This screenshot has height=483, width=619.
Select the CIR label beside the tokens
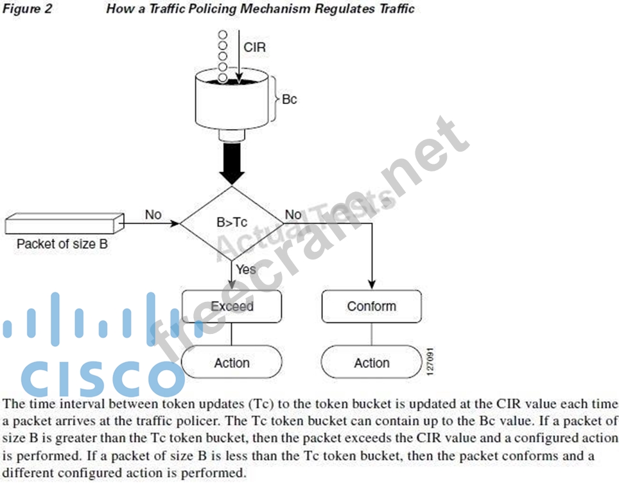tap(254, 47)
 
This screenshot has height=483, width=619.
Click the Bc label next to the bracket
tap(289, 100)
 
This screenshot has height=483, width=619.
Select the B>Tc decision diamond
tap(232, 223)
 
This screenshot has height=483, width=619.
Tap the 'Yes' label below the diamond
tap(245, 269)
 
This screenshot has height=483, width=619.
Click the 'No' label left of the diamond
tap(153, 215)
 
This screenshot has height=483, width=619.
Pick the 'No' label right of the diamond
tap(293, 215)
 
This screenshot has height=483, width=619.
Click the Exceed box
tap(232, 306)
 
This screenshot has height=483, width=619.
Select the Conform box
tap(371, 306)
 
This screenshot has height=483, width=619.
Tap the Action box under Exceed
tap(232, 363)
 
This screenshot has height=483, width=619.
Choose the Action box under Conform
tap(371, 363)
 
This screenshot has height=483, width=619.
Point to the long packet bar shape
tap(62, 224)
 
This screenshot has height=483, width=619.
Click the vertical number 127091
tap(430, 363)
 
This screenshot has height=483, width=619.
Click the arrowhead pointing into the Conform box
tap(372, 285)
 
